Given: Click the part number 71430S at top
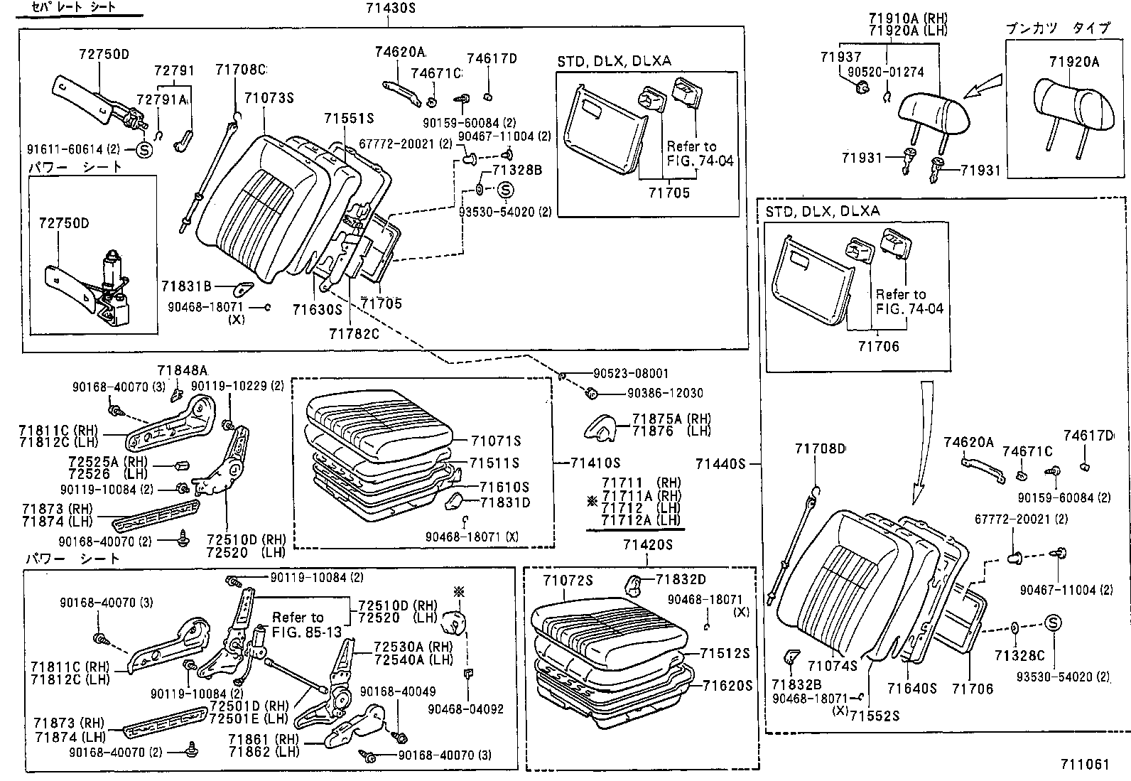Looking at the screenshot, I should [x=391, y=9].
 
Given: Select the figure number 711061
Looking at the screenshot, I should [x=1084, y=765].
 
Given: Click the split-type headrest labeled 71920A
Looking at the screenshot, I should [x=1073, y=105].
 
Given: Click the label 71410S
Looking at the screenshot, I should [x=595, y=463].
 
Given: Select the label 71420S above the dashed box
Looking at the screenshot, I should [x=647, y=545].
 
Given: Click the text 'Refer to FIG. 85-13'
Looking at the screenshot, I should [x=307, y=625].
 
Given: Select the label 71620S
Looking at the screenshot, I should [x=727, y=686].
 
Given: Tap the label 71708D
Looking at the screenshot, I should [x=821, y=448].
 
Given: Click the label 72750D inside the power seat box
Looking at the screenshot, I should [x=64, y=223].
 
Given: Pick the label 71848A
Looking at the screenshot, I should [x=182, y=370].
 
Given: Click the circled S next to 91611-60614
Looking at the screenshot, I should [x=143, y=150].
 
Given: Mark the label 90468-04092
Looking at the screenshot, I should [x=465, y=709].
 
